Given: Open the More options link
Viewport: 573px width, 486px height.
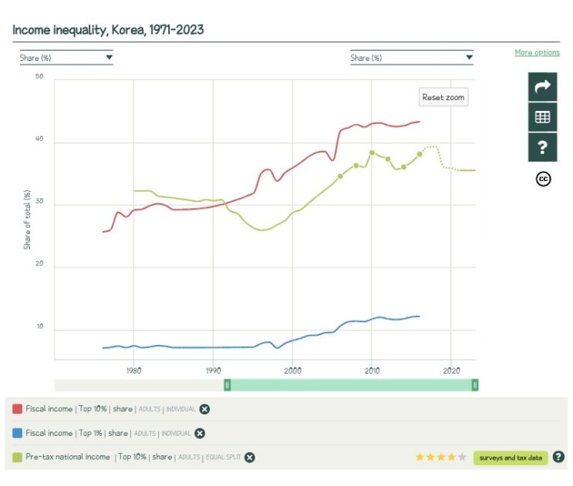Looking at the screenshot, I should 537,52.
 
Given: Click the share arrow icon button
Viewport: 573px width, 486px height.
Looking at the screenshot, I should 542,86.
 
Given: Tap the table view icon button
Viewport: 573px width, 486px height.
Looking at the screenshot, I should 542,117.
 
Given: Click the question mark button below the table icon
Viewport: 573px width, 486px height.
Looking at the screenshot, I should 542,147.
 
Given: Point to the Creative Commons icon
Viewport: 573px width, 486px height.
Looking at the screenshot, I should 543,179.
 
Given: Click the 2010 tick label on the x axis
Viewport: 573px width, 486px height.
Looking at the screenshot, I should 372,370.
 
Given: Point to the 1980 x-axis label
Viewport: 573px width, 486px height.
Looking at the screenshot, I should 133,370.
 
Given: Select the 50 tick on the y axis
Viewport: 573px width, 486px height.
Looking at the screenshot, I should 39,77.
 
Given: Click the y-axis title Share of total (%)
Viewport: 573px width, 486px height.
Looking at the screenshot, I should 27,219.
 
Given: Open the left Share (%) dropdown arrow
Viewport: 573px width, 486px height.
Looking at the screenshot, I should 109,57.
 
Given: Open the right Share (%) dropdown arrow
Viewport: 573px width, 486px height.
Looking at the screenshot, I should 468,57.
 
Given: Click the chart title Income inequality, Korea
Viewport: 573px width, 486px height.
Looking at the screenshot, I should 108,30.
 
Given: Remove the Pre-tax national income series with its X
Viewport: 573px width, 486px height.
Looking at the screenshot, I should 250,458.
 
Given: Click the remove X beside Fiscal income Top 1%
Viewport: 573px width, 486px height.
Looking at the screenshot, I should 200,433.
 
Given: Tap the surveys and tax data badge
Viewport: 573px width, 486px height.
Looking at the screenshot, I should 511,458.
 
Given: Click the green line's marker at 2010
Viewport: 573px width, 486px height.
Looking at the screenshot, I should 372,153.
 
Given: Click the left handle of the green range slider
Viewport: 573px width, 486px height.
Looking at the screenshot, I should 227,384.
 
